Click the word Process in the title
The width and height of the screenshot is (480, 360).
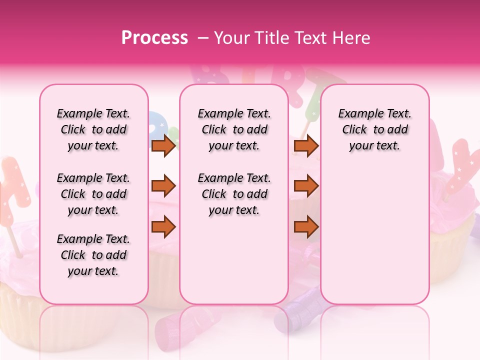pos(154,37)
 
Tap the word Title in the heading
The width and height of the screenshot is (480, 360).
pos(270,38)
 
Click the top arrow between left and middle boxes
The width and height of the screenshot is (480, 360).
pos(163,145)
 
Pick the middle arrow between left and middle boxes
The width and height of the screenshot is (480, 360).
pos(163,186)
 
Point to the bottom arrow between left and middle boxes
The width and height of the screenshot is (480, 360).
pos(163,227)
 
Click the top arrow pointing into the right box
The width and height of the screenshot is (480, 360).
pos(306,145)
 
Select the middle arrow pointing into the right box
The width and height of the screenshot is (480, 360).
pos(306,186)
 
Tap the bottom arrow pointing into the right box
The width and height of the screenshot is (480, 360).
pos(306,227)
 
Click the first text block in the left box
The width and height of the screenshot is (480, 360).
pos(93,129)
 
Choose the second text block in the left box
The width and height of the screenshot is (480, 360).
pos(93,194)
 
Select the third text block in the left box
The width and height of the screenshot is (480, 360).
pos(93,255)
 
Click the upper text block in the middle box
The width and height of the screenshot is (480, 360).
pos(234,129)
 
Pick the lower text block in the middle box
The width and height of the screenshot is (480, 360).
pos(234,194)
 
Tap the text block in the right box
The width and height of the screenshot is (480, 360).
pos(374,129)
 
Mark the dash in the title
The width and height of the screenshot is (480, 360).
pos(202,38)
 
